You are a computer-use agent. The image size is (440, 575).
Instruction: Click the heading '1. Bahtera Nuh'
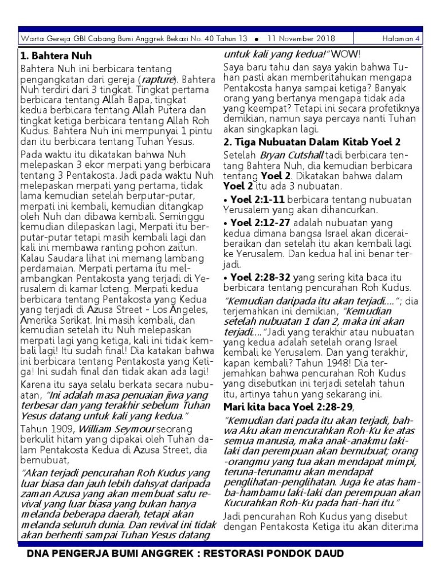[x=56, y=56]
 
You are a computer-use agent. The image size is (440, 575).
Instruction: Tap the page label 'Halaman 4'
[x=401, y=38]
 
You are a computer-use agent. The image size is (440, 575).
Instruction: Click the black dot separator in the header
[x=256, y=39]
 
